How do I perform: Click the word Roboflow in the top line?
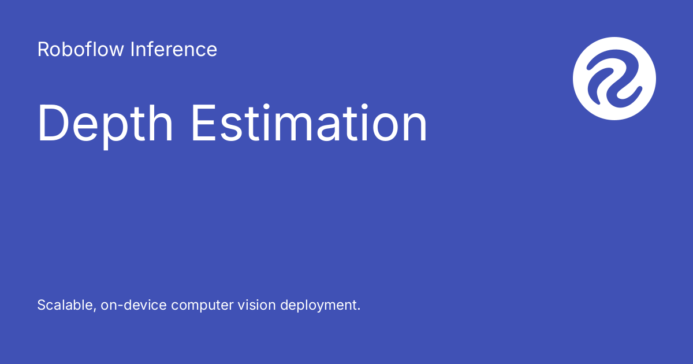pyautogui.click(x=81, y=50)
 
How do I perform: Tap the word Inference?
pyautogui.click(x=174, y=50)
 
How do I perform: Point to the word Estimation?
pyautogui.click(x=309, y=124)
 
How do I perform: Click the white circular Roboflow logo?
pyautogui.click(x=614, y=79)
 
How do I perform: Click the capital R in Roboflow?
pyautogui.click(x=43, y=50)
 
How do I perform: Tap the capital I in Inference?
pyautogui.click(x=132, y=50)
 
